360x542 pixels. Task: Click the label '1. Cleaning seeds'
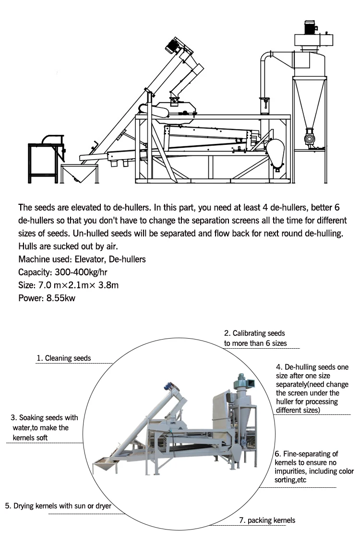click(64, 358)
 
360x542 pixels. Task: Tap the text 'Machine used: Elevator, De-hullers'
click(82, 259)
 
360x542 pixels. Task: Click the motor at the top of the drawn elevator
click(171, 45)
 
